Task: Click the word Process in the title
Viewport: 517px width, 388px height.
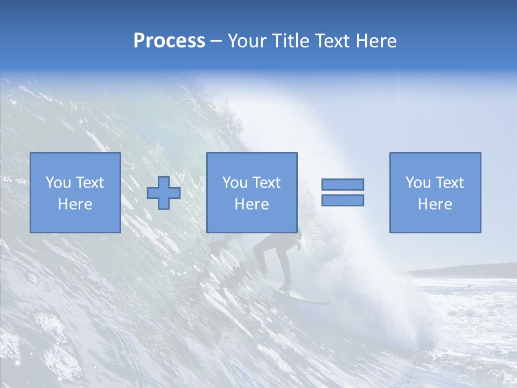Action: pos(169,41)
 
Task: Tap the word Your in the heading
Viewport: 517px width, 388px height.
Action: pos(247,41)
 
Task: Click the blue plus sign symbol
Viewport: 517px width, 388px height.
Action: pos(164,192)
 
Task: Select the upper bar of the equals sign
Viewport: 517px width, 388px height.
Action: pos(343,184)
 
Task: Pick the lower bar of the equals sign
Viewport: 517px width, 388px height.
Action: pos(343,200)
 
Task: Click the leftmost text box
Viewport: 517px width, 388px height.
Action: pos(75,192)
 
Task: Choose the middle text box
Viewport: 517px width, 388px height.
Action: pos(251,192)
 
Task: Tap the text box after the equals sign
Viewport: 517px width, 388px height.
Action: pos(435,192)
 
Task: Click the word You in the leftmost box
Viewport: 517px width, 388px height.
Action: pos(58,183)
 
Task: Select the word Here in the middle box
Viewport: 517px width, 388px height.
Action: pos(251,204)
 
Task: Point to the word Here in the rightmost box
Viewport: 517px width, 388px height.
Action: pos(435,204)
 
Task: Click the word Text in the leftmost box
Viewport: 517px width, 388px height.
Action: pos(89,183)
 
